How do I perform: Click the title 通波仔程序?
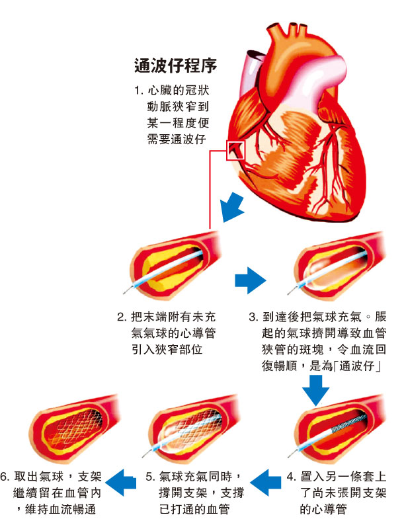[176, 66]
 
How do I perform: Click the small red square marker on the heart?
[235, 151]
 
